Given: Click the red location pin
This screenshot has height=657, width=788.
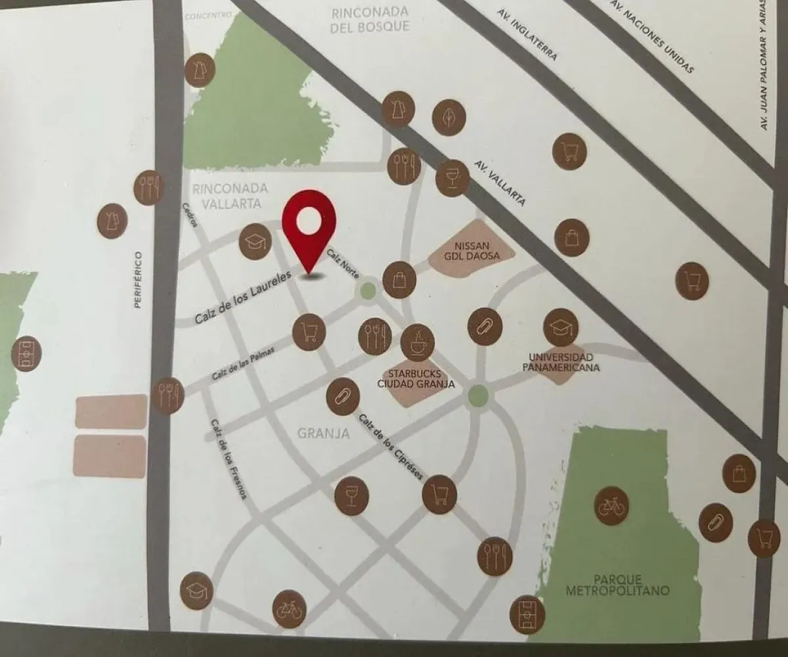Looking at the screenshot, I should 309,227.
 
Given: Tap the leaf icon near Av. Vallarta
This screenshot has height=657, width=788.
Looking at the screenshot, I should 449,118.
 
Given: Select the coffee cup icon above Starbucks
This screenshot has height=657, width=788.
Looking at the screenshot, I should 418,342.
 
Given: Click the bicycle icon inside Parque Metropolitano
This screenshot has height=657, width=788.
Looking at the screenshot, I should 611,506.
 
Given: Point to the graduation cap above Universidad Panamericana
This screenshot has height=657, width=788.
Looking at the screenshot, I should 561,327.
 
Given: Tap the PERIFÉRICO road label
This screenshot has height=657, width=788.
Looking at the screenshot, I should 137,279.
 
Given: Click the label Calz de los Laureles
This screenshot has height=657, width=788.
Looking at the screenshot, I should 242,300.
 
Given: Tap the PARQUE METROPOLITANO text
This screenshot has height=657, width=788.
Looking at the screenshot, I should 617,585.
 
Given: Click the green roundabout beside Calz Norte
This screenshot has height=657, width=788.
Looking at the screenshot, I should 368,290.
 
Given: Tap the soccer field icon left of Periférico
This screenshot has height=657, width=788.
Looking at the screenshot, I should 27,353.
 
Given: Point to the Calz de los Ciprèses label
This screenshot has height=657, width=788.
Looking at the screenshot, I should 390,445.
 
